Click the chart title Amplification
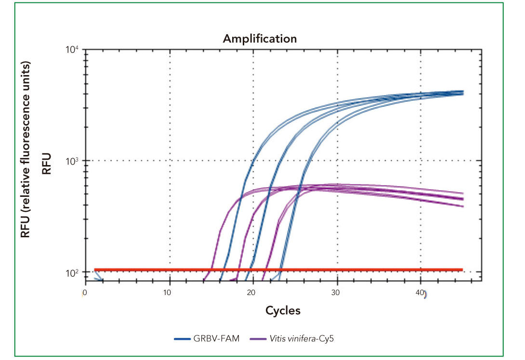(260, 39)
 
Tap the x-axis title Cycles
(283, 310)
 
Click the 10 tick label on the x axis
(169, 293)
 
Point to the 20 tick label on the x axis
(253, 293)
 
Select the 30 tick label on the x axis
(337, 293)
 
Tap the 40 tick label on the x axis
(420, 293)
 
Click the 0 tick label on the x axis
(85, 293)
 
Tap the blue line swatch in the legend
(183, 339)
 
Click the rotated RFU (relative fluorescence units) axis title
(26, 149)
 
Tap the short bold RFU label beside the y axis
(47, 164)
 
